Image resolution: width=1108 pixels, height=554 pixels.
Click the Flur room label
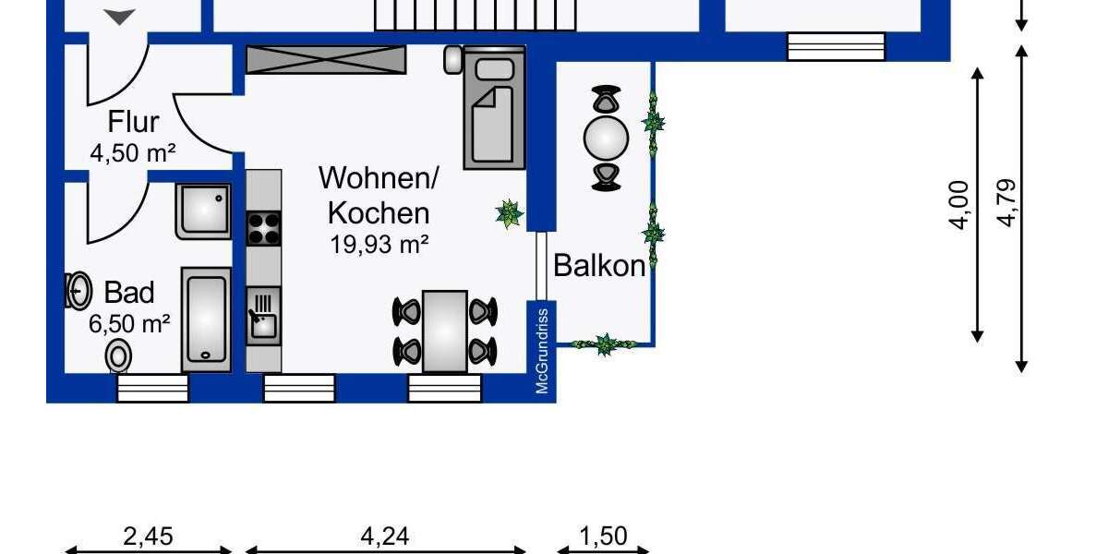click(x=134, y=122)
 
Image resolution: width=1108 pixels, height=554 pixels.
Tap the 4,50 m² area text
click(x=132, y=152)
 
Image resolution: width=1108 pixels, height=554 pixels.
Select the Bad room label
click(x=129, y=293)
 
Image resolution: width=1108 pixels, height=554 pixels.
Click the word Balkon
click(x=599, y=266)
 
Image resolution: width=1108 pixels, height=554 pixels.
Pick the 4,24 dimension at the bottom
click(x=383, y=536)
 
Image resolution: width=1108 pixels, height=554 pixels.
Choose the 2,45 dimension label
click(x=148, y=536)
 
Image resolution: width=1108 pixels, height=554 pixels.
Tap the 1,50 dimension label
click(x=604, y=536)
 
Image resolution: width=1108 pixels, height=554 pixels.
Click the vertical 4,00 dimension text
click(x=959, y=205)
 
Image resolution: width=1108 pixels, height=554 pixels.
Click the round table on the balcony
click(x=606, y=138)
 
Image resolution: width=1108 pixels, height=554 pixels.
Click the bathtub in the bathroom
click(x=206, y=319)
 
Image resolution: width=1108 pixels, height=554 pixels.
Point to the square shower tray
click(x=202, y=211)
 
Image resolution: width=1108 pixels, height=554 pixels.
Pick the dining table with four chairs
click(x=445, y=331)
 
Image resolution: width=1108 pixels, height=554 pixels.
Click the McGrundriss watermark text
click(x=543, y=348)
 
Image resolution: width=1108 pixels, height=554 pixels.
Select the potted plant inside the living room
click(x=509, y=213)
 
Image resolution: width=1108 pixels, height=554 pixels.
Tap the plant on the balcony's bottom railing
click(x=605, y=344)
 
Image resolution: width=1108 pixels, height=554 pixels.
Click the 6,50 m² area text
click(x=129, y=323)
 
